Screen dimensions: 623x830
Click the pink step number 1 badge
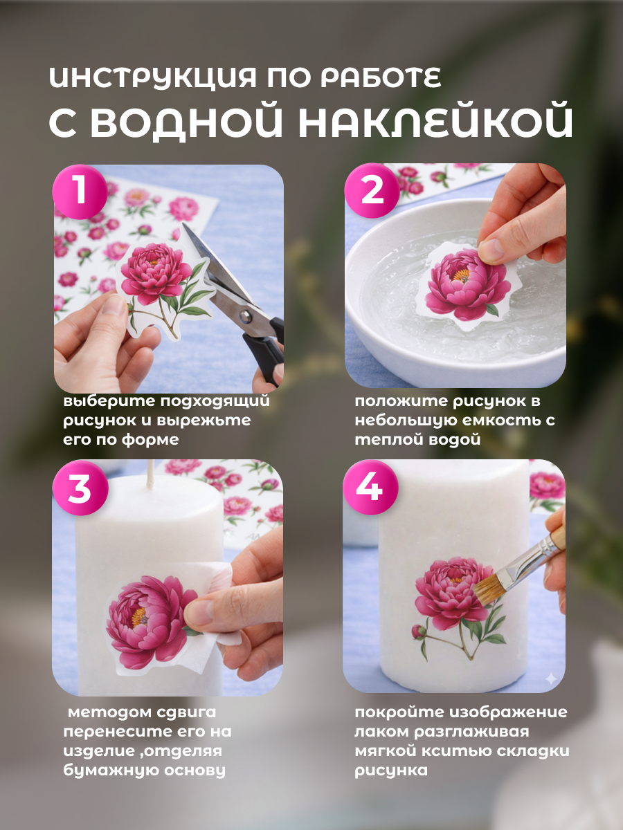tap(80, 192)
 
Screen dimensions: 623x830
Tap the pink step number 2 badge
tap(372, 190)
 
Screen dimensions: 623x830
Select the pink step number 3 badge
tap(80, 488)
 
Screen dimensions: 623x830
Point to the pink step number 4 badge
tap(370, 487)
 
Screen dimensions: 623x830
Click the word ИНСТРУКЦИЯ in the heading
tap(153, 79)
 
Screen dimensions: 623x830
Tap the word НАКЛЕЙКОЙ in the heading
tap(435, 121)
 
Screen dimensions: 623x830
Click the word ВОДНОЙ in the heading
tap(186, 121)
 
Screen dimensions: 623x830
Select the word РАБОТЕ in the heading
tap(381, 78)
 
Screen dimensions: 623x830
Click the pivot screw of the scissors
tap(246, 315)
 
